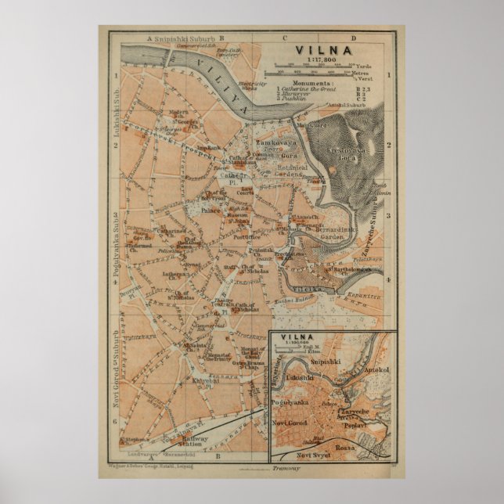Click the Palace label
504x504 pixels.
(211, 211)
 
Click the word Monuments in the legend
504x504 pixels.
(313, 81)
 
